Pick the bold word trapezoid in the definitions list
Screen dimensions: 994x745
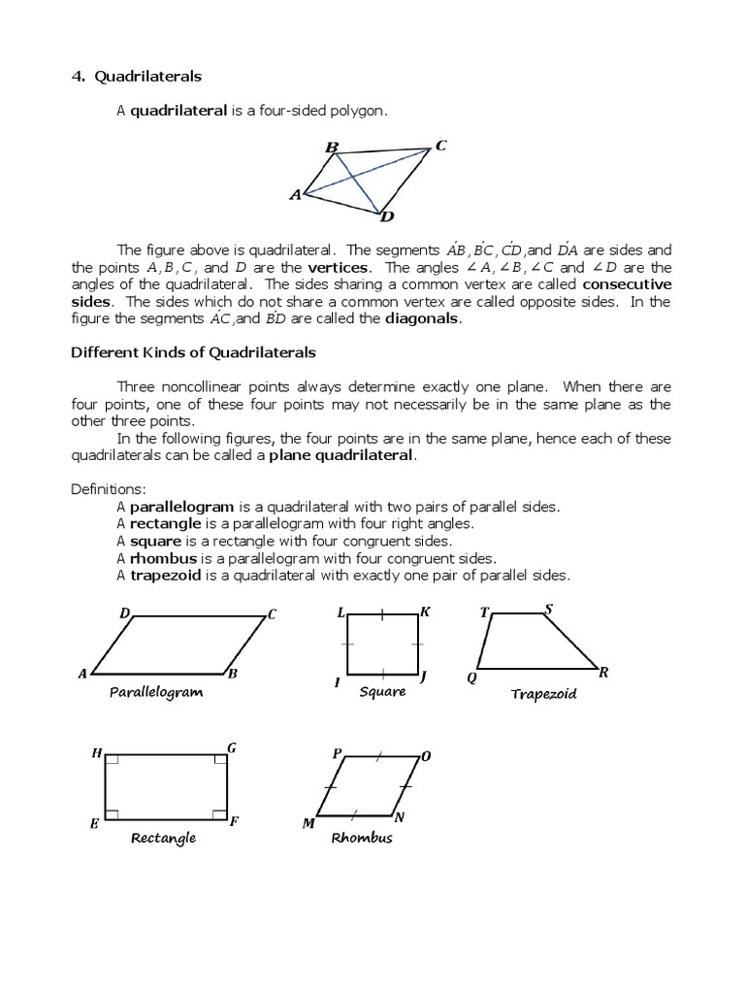click(167, 576)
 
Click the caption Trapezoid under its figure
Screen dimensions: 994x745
click(543, 694)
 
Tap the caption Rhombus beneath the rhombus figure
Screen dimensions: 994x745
click(362, 838)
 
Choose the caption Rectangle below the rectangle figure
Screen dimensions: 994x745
click(164, 838)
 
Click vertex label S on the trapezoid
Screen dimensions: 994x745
click(549, 610)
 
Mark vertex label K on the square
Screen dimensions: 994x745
click(425, 613)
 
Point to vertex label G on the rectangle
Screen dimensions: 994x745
click(232, 747)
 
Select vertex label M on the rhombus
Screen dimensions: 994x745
click(308, 823)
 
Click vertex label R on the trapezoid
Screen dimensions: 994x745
click(603, 673)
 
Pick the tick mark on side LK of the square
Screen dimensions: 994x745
click(383, 614)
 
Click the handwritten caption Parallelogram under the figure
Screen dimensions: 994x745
click(155, 692)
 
